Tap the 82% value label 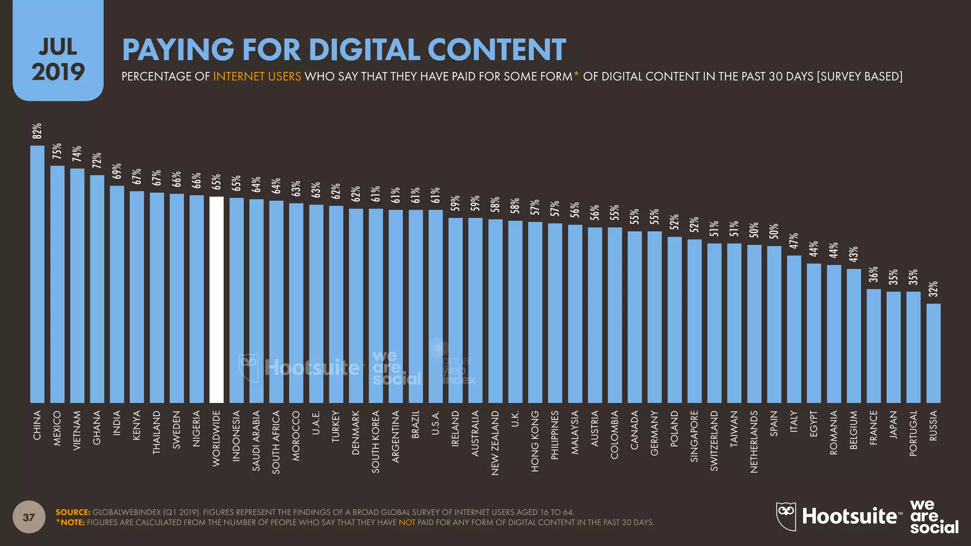[37, 131]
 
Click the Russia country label [934, 426]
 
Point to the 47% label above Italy [794, 241]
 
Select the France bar [874, 346]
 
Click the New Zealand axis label [495, 443]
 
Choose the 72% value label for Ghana [97, 161]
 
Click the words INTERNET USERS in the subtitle [257, 76]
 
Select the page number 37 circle [29, 517]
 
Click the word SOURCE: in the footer [73, 512]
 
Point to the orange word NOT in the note [407, 522]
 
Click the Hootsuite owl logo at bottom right [786, 516]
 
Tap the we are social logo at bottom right [934, 517]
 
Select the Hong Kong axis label [535, 441]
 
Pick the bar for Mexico [57, 284]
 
